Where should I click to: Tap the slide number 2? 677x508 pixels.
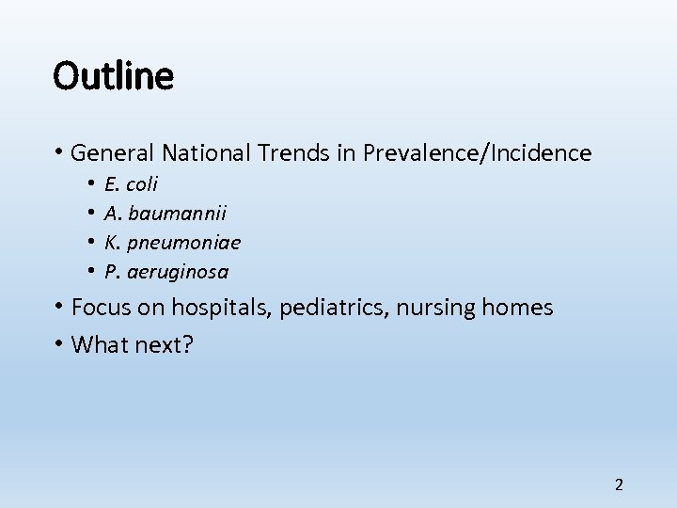[x=619, y=485]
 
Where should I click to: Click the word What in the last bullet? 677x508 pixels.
[x=98, y=344]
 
